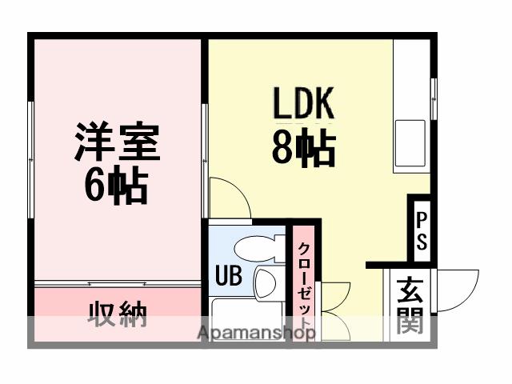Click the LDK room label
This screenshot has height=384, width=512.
(303, 104)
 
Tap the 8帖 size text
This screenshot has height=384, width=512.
(303, 148)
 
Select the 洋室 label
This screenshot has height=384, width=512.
(118, 142)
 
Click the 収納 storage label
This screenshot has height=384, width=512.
(117, 315)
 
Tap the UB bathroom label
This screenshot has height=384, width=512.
(227, 276)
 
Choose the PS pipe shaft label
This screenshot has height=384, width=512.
(421, 230)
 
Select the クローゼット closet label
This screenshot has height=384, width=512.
(304, 284)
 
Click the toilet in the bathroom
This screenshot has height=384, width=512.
(258, 248)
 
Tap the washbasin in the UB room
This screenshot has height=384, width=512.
(265, 282)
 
